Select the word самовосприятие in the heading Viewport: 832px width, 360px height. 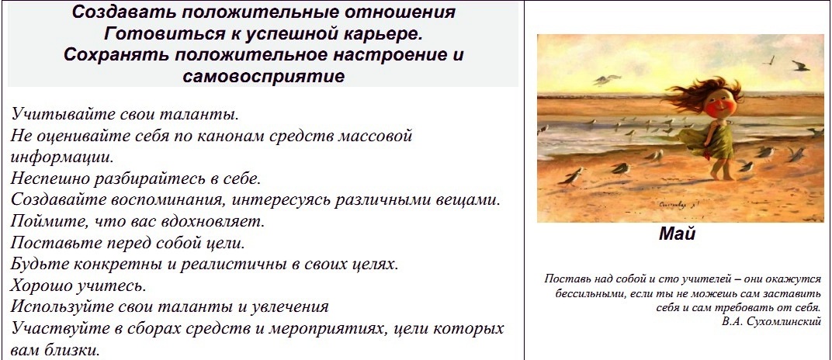pos(264,76)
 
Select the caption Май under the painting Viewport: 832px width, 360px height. pos(677,234)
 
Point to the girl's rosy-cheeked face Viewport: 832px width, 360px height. pos(719,102)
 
